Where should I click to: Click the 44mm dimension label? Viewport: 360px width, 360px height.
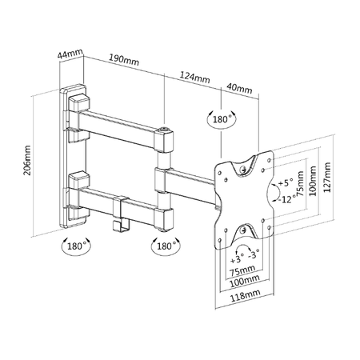70,54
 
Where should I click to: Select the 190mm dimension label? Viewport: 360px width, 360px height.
124,60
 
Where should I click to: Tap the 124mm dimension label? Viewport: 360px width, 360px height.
194,77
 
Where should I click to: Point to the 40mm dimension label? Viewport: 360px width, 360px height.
239,88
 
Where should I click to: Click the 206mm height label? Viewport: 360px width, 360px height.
27,160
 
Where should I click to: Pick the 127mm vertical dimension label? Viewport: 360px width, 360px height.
327,177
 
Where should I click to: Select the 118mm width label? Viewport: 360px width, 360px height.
246,295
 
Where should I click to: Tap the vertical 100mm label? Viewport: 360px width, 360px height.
313,181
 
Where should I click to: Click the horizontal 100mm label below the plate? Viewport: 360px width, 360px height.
245,281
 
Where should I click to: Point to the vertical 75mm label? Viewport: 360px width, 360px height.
301,183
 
